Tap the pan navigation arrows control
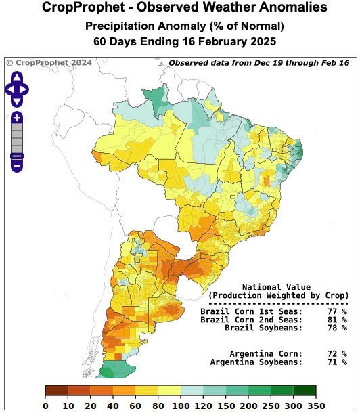point(16,89)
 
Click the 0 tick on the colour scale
point(45,405)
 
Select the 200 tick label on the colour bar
point(248,405)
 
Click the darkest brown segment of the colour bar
point(56,390)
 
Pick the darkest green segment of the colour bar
point(305,390)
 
